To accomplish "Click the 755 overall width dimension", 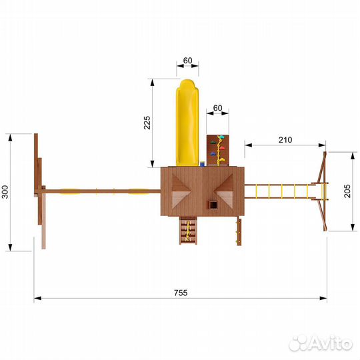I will point(181,293).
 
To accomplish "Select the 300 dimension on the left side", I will point(5,193).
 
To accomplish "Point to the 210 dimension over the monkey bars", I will point(285,139).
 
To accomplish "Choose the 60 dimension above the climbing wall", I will point(217,108).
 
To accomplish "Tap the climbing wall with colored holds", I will point(217,150).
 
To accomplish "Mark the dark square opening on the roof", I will point(213,205).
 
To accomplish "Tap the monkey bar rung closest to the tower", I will point(257,192).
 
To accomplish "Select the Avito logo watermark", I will point(320,343).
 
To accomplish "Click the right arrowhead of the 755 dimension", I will point(324,299).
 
